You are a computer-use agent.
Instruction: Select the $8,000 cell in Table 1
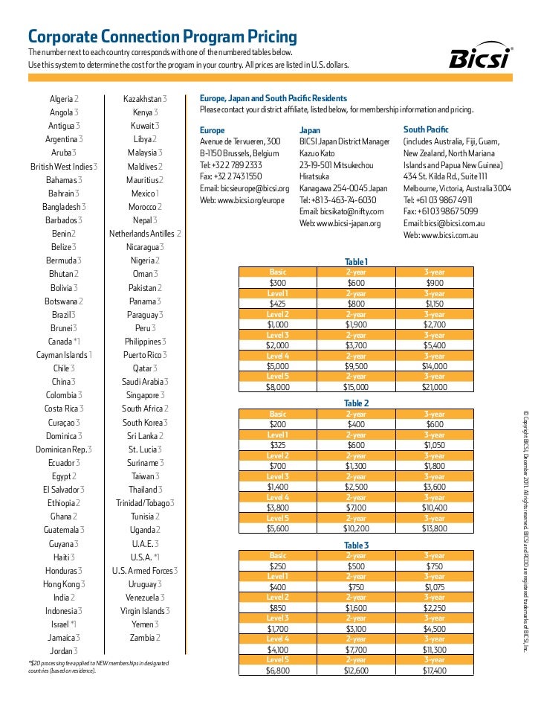click(x=277, y=387)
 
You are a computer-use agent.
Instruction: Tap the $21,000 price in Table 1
click(x=435, y=387)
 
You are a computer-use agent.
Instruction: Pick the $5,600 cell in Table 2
click(x=277, y=528)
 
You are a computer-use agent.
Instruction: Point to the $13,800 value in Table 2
click(x=435, y=528)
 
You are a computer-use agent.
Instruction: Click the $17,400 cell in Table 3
click(x=435, y=671)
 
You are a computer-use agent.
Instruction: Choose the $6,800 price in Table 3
click(x=277, y=671)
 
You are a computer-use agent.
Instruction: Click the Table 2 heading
click(x=356, y=403)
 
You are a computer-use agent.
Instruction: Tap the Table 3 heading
click(x=356, y=545)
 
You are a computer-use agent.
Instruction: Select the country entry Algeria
click(x=64, y=99)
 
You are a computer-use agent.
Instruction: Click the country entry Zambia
click(x=146, y=638)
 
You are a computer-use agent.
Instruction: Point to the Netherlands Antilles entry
click(x=146, y=234)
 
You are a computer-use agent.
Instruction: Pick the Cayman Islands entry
click(x=64, y=355)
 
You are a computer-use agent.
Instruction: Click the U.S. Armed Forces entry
click(x=146, y=570)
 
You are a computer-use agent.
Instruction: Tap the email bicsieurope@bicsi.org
click(x=244, y=188)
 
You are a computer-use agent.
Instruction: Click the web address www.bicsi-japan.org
click(x=340, y=223)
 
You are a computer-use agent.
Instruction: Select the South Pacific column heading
click(x=425, y=129)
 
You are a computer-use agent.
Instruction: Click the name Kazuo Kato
click(x=317, y=153)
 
